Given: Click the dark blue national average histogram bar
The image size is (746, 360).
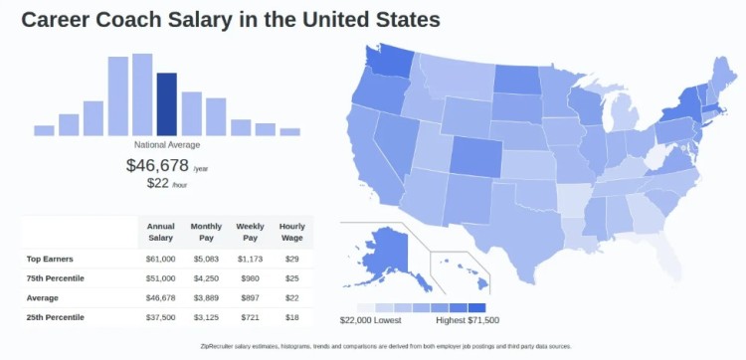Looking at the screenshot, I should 167,103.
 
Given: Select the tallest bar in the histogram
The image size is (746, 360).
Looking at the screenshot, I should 142,94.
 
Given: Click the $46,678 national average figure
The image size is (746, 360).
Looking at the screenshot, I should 158,165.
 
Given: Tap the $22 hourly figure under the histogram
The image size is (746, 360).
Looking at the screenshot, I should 157,183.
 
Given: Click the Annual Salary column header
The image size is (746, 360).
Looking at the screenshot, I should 160,232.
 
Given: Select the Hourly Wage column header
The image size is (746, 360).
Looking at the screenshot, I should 291,232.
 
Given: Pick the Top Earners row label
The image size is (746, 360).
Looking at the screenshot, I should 50,259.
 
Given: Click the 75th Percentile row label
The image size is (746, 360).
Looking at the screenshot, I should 56,278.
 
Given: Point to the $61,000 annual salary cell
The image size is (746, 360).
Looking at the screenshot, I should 160,259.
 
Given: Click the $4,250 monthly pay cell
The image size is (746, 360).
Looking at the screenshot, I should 206,278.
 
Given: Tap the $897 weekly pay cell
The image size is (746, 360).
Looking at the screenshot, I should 250,297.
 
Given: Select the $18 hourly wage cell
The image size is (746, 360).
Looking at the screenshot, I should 291,317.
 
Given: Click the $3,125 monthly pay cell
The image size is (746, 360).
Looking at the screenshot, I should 206,317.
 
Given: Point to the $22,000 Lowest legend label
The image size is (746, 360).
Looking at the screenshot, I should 371,320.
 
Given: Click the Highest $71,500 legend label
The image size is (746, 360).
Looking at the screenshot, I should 467,320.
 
